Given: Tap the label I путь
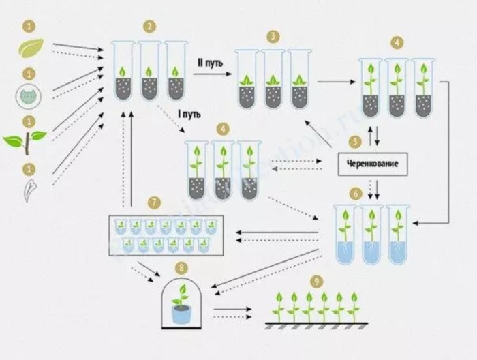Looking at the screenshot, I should click(x=189, y=113).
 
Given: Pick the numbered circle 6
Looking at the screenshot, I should click(x=354, y=194).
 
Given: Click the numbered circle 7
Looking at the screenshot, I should click(x=155, y=202).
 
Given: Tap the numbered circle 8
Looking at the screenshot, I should click(x=181, y=268).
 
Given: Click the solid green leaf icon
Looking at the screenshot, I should click(x=29, y=48).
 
